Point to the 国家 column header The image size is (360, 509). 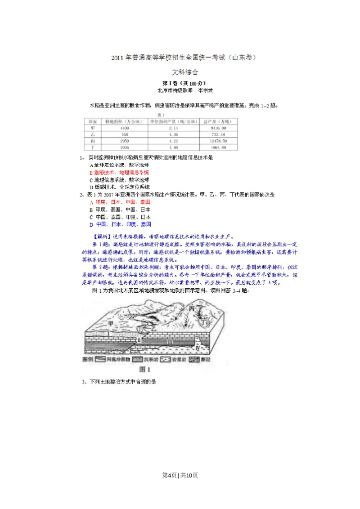93,121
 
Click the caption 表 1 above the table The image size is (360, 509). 159,115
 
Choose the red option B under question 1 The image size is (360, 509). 119,172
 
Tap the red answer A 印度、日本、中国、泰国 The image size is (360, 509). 120,202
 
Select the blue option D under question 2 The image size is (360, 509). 120,224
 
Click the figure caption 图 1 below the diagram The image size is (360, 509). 145,369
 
